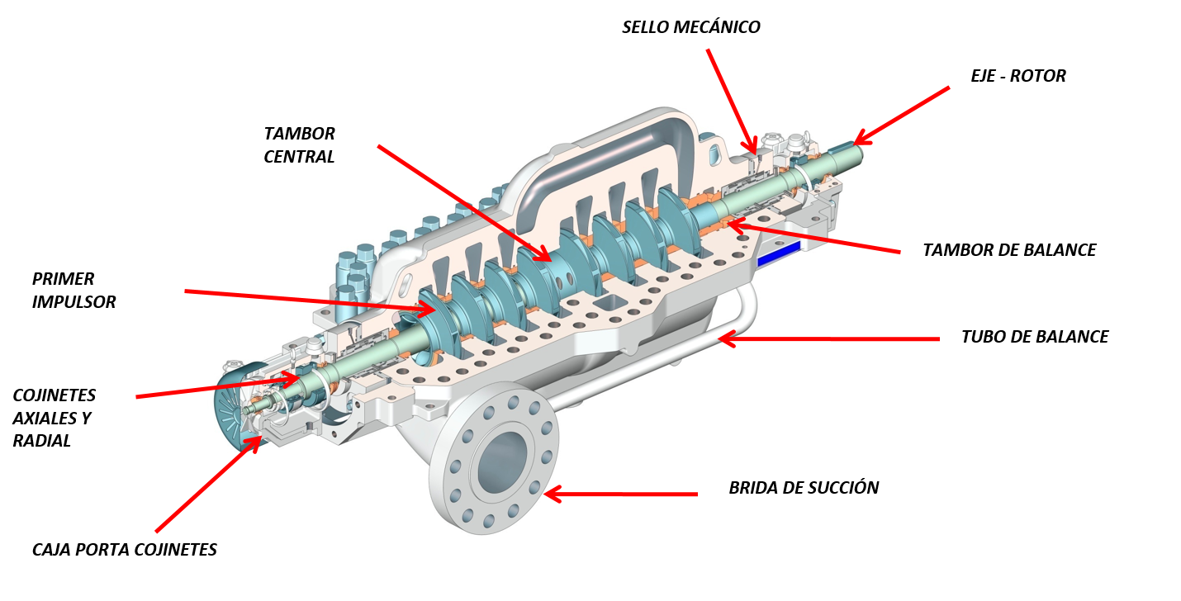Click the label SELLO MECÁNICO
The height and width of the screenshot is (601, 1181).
point(690,27)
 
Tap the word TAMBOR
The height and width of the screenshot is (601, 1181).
point(299,134)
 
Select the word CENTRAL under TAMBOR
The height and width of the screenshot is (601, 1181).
point(299,157)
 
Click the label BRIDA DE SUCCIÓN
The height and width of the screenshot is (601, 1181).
point(803,488)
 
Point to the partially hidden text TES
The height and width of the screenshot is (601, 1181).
point(206,550)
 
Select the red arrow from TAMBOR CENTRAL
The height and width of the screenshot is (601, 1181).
point(462,202)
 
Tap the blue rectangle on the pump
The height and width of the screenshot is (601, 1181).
point(779,253)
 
